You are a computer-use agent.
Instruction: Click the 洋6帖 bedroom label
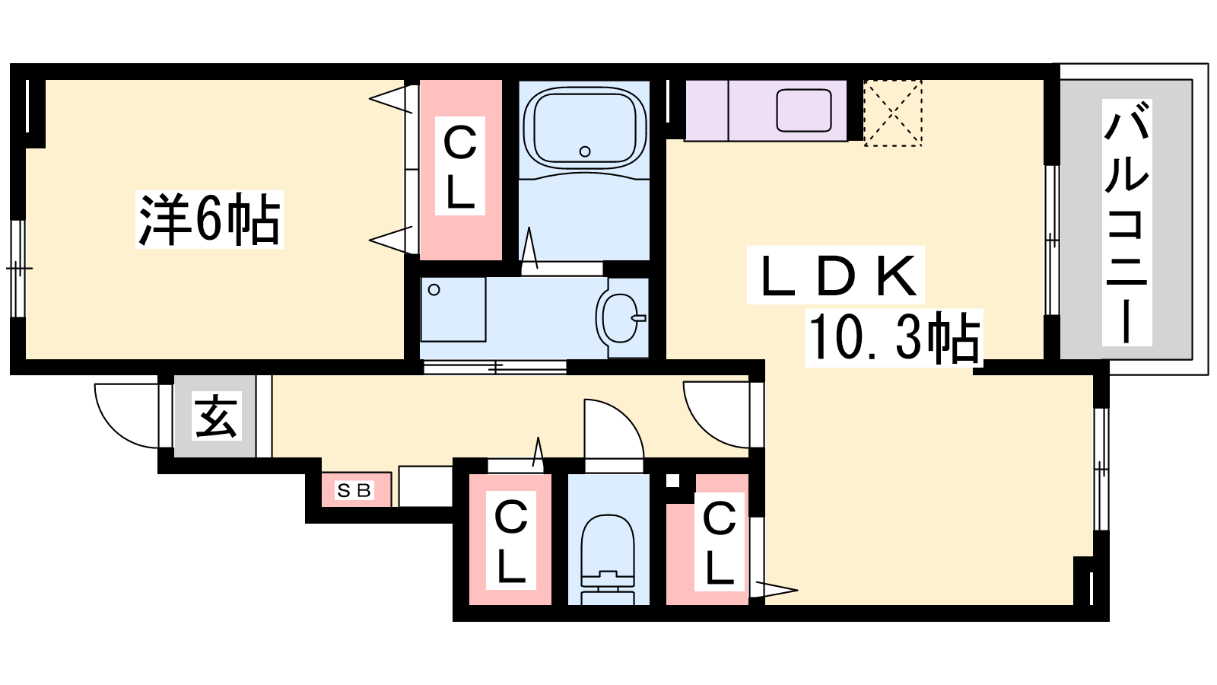click(209, 219)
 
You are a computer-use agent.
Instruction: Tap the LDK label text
click(836, 275)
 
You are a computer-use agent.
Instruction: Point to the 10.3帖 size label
click(894, 338)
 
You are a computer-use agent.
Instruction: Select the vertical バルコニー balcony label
click(1126, 222)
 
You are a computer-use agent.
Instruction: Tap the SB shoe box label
click(354, 491)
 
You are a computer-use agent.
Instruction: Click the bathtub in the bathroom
click(585, 128)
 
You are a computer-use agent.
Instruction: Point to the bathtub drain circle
click(585, 151)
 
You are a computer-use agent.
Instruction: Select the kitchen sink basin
click(803, 110)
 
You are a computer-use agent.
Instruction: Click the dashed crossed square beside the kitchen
click(893, 113)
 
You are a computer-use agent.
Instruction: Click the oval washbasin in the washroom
click(620, 318)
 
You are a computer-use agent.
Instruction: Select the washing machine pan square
click(453, 310)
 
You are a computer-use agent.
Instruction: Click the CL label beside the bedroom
click(459, 166)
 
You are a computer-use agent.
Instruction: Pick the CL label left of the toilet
click(510, 540)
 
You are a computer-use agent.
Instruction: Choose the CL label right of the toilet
click(719, 542)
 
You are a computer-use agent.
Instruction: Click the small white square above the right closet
click(672, 480)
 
